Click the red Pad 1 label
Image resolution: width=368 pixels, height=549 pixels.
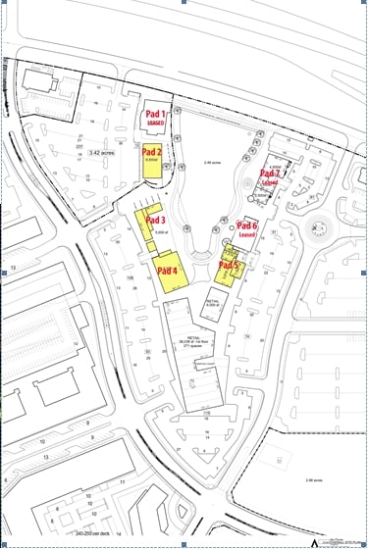[x=156, y=115]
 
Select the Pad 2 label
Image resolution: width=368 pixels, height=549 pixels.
[x=152, y=153]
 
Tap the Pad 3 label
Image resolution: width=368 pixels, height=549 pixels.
[x=156, y=221]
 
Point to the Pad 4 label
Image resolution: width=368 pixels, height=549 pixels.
[x=167, y=271]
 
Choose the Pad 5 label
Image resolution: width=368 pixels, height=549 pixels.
[x=228, y=266]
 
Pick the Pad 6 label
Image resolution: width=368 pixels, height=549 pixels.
[x=247, y=226]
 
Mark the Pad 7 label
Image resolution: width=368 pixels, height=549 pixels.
[x=271, y=175]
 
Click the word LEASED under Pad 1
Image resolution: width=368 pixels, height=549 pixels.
[x=156, y=125]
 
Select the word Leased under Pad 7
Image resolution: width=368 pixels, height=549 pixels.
[x=270, y=183]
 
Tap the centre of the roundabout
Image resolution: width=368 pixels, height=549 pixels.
[x=317, y=233]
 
